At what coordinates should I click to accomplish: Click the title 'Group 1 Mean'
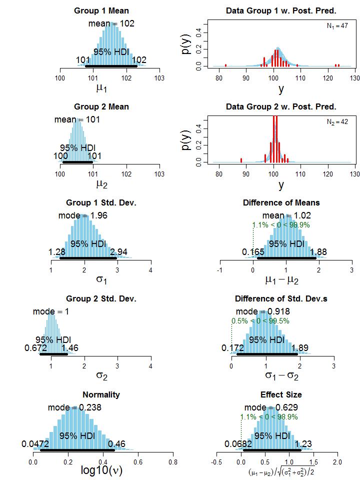tap(101, 10)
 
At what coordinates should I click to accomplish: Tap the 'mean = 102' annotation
tap(111, 23)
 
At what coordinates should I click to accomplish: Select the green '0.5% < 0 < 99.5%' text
tap(260, 321)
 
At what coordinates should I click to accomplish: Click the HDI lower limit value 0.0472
tap(34, 444)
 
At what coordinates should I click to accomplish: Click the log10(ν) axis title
tap(101, 470)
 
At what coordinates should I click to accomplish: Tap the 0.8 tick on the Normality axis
tap(173, 462)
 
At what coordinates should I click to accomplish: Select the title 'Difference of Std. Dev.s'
tap(281, 299)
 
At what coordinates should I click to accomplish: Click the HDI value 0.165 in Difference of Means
tap(253, 252)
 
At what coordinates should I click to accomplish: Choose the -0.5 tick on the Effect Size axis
tap(217, 462)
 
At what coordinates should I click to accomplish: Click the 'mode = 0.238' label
tap(74, 407)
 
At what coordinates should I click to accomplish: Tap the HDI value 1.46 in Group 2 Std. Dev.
tap(69, 348)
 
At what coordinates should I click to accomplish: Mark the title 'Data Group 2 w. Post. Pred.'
tap(281, 107)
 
